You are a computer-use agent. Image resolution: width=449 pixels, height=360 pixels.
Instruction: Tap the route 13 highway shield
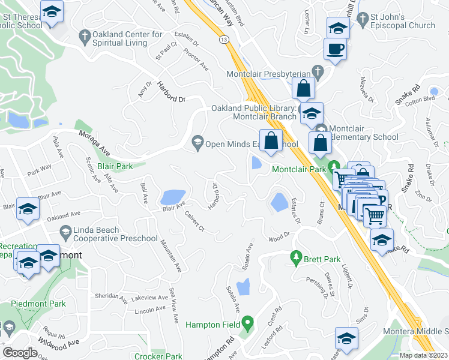[223, 38]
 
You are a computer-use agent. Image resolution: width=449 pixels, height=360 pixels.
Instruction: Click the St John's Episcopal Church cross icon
[361, 20]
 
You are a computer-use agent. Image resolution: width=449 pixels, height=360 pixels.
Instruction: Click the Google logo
[20, 352]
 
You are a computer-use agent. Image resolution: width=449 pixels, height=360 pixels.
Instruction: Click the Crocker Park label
[158, 356]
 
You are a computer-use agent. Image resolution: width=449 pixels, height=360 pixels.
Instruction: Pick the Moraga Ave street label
[96, 144]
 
